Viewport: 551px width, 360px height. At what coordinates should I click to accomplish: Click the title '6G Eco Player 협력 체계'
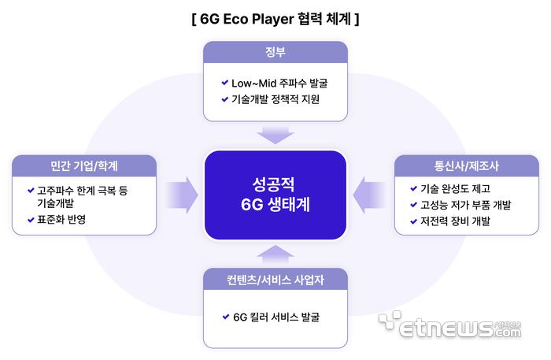(275, 17)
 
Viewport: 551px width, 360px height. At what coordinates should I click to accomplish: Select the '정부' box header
(275, 52)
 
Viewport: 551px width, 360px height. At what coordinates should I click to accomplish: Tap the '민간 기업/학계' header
(83, 165)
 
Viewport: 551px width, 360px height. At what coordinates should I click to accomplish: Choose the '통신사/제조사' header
(466, 165)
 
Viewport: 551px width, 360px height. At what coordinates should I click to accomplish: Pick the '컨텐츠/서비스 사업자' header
(275, 280)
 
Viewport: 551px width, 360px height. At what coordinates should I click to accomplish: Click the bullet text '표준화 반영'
(61, 220)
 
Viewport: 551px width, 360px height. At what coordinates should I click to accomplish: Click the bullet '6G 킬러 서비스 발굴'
(276, 317)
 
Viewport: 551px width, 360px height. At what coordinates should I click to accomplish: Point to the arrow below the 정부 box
(275, 135)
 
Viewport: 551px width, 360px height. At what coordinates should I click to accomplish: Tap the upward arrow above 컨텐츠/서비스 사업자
(275, 253)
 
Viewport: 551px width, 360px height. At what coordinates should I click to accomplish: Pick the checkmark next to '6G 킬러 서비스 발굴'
(226, 317)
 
